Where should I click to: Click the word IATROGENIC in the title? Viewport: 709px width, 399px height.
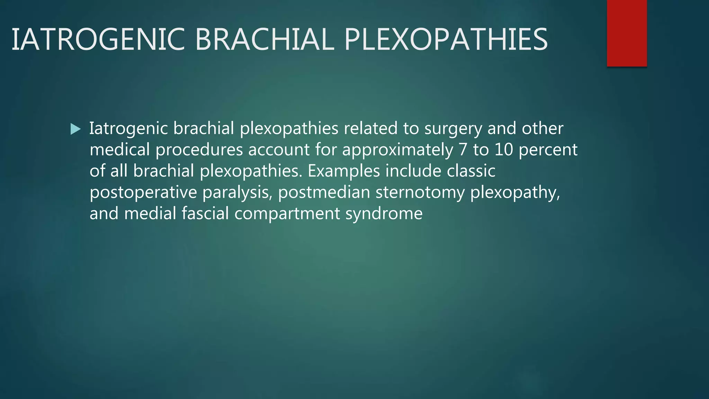point(98,39)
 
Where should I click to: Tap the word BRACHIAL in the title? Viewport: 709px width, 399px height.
point(265,39)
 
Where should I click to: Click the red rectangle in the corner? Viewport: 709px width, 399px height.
point(627,33)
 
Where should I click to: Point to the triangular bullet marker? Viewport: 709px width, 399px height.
point(75,129)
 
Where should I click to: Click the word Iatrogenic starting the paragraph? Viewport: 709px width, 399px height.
point(128,128)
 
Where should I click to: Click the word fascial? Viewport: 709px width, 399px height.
point(205,213)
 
